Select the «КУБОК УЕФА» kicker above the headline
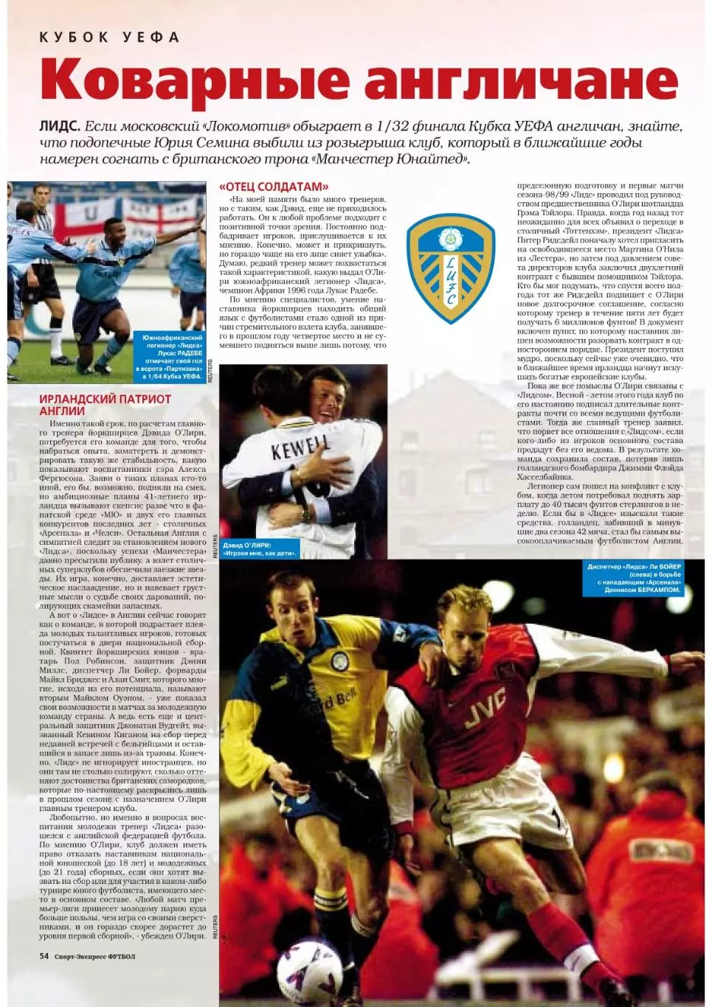click(x=109, y=37)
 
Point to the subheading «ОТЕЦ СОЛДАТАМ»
click(x=273, y=187)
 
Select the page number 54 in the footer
click(x=44, y=956)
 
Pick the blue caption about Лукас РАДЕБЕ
click(x=170, y=357)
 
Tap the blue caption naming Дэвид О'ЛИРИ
click(x=258, y=548)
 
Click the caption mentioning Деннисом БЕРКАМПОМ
click(x=635, y=579)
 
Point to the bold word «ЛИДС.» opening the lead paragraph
click(x=59, y=126)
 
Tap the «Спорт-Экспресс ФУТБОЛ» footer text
click(x=94, y=957)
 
